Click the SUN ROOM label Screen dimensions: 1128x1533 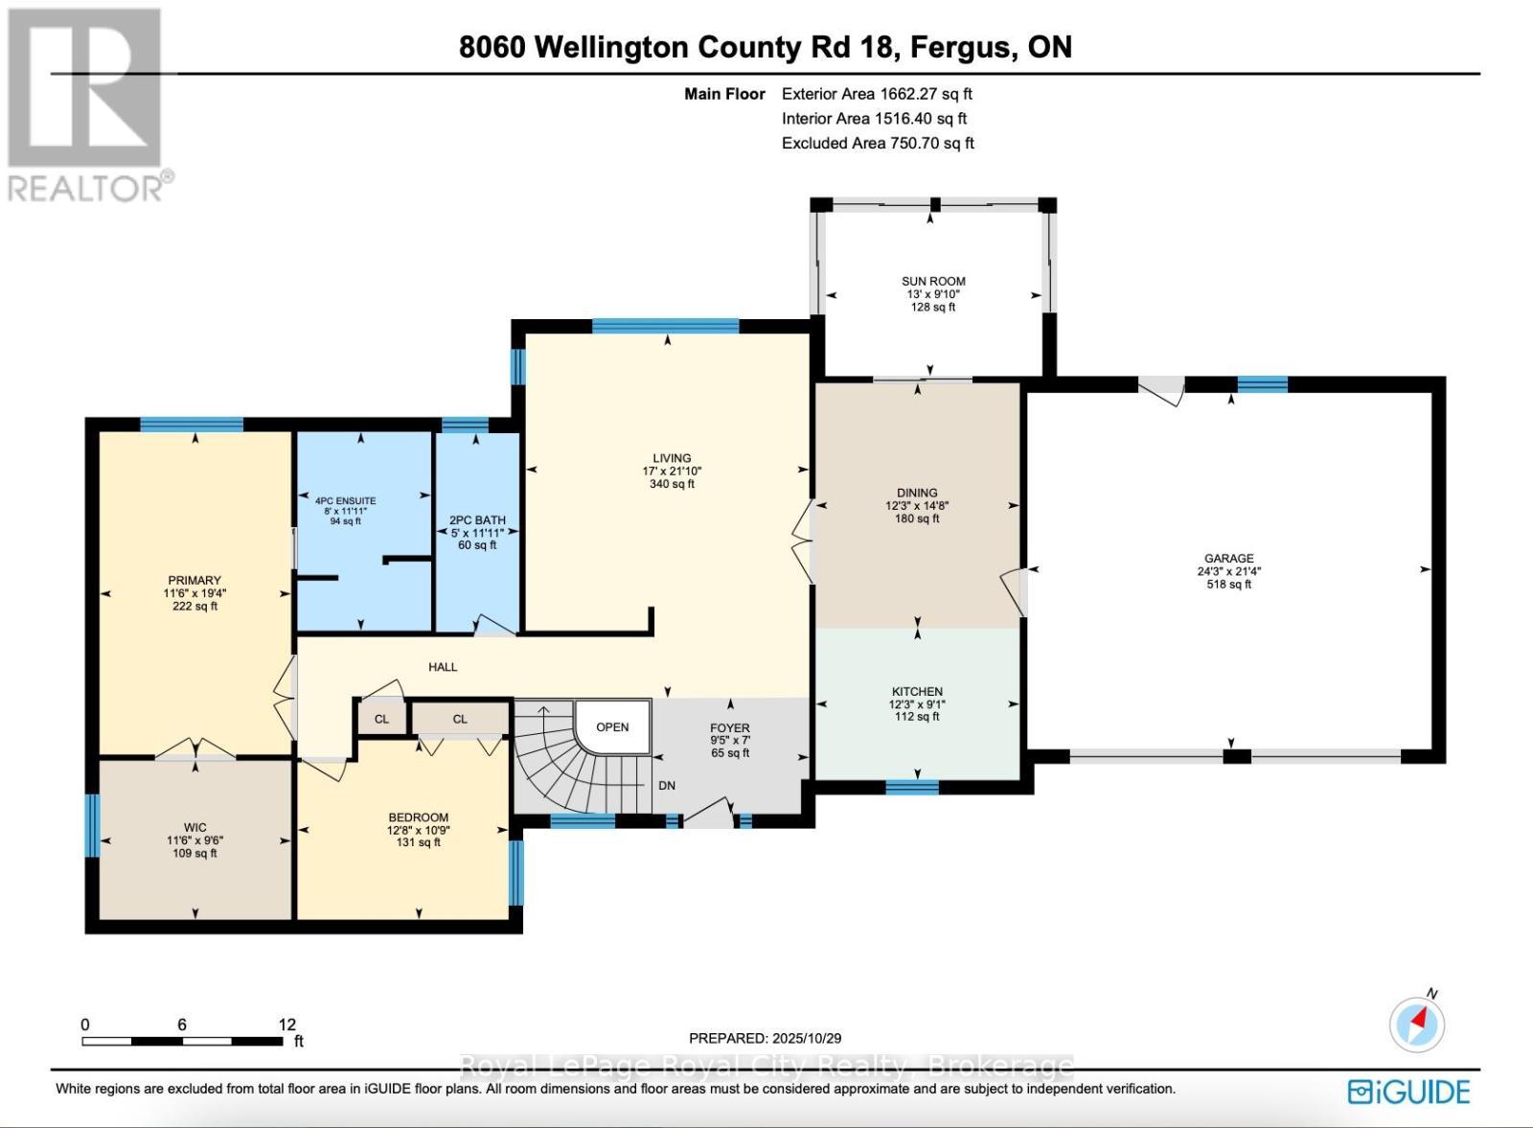click(x=932, y=282)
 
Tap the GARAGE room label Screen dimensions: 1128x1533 click(x=1228, y=558)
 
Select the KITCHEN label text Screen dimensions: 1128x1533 click(x=917, y=691)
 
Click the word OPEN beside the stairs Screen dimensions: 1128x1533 click(x=612, y=726)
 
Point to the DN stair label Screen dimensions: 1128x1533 click(x=667, y=785)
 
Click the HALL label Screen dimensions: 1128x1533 click(x=443, y=666)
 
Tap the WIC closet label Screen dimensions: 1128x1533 click(x=194, y=827)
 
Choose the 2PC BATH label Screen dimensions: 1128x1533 click(x=477, y=520)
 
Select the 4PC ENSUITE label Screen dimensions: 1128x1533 click(x=345, y=500)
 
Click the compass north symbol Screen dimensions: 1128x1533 click(x=1417, y=1024)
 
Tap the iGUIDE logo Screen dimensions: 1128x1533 click(x=1408, y=1092)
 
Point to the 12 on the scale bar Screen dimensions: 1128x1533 click(x=286, y=1024)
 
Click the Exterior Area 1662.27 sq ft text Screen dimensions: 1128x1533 click(x=877, y=94)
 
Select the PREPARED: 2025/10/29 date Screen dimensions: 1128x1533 click(x=765, y=1038)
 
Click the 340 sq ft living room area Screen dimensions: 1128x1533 click(x=671, y=484)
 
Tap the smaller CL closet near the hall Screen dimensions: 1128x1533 click(x=381, y=719)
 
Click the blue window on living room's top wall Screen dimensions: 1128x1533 click(x=665, y=326)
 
